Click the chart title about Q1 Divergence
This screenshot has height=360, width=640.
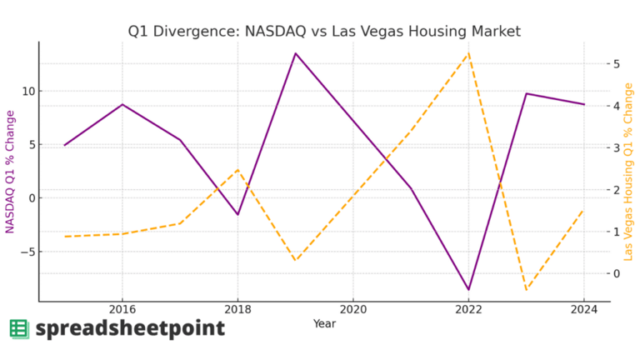(324, 32)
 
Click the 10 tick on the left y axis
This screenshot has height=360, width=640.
(26, 91)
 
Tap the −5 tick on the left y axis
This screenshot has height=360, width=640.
(25, 252)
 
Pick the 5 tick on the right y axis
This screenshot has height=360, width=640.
(615, 64)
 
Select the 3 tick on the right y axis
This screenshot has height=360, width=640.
(615, 148)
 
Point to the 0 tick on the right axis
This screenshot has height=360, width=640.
(615, 273)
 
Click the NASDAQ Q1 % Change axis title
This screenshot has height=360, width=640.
(10, 171)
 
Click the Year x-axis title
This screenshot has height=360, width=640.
(324, 323)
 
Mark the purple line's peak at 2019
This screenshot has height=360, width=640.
(295, 53)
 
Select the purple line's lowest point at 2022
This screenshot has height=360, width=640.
(468, 289)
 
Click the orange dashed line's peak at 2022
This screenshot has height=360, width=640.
(468, 54)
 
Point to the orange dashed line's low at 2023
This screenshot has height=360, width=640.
(526, 290)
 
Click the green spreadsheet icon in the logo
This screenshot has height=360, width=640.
(19, 329)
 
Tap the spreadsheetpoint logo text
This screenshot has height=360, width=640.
(130, 329)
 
